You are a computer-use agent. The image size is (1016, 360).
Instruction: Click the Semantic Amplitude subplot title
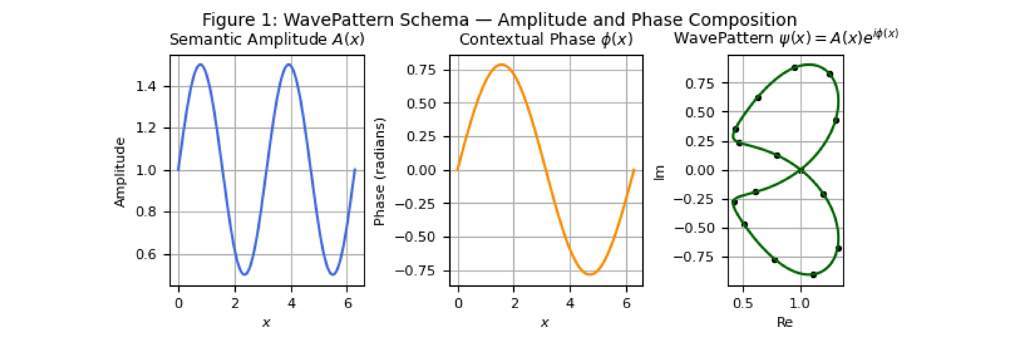tap(267, 39)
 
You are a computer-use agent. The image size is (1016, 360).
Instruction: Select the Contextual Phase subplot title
tap(546, 39)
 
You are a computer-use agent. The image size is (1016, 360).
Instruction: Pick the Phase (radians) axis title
tap(379, 172)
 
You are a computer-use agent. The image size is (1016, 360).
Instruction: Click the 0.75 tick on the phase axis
tap(421, 70)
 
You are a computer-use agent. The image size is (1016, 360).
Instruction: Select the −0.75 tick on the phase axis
tap(415, 271)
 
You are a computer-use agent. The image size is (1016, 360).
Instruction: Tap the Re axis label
tap(784, 322)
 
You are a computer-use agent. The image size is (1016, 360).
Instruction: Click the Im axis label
tap(660, 172)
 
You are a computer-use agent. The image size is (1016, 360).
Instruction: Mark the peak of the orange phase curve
tap(502, 64)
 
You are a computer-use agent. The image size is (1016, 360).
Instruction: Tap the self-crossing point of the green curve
tap(801, 170)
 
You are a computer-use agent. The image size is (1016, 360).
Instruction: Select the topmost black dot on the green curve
tap(795, 68)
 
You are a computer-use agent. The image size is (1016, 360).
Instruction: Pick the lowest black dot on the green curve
tap(813, 274)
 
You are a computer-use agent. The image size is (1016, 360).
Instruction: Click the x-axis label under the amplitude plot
tap(267, 323)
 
